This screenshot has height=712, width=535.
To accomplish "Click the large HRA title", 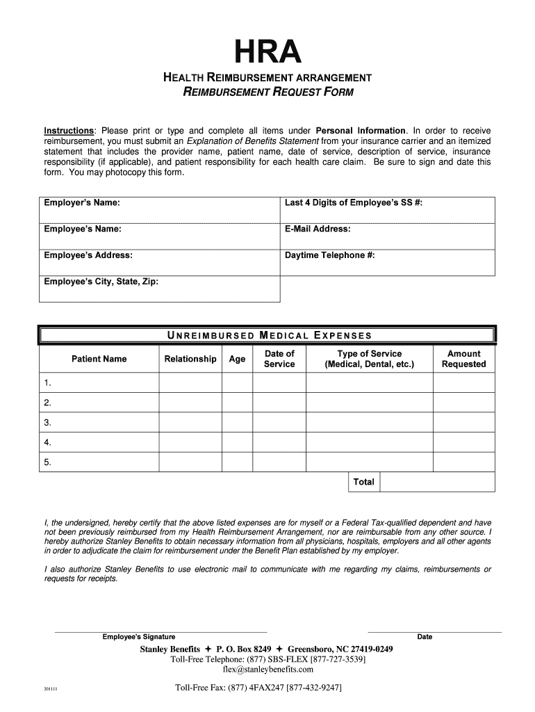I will click(268, 51).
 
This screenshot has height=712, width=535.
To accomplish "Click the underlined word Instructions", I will click(69, 131).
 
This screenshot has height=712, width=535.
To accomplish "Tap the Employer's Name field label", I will click(81, 202).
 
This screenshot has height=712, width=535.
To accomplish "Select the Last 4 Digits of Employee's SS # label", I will click(354, 202).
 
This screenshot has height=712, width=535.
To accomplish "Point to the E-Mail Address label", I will click(318, 229).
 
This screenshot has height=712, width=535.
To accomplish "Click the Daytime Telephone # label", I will click(330, 255).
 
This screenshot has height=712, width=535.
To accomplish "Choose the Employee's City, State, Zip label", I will click(101, 282).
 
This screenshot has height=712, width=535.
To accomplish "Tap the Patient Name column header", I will click(99, 359).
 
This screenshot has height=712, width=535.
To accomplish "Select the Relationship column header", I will click(190, 359).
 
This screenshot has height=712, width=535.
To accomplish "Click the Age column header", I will click(237, 359).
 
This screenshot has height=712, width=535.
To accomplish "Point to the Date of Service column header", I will click(279, 359).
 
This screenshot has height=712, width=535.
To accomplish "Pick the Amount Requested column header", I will click(463, 359).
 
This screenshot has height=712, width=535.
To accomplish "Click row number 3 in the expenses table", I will click(47, 422).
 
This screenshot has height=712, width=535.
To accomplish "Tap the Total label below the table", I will click(364, 482).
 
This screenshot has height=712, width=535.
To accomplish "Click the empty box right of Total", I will click(437, 482).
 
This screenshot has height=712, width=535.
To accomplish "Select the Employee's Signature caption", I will click(139, 637).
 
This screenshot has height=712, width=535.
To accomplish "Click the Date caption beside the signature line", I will click(425, 637).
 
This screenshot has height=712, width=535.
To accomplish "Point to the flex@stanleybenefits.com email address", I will click(267, 670).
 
